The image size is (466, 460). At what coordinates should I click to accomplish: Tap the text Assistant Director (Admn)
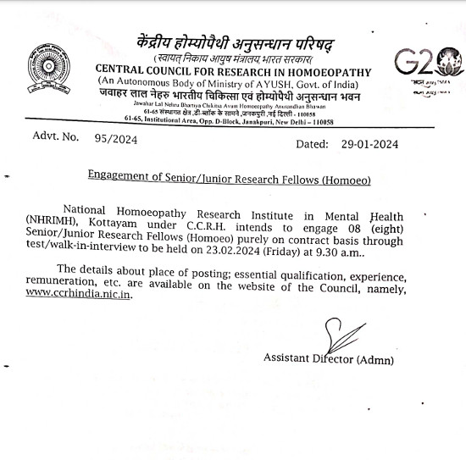point(329,359)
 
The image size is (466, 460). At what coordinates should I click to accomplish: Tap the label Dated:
point(312,144)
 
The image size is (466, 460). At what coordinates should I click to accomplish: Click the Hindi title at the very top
point(233,42)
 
